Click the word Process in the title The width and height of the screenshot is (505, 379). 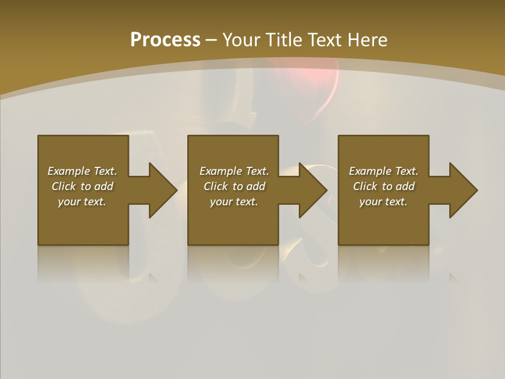click(165, 40)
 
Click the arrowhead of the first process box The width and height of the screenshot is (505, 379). click(163, 190)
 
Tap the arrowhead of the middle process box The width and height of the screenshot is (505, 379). click(313, 190)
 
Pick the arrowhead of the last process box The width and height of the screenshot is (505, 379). click(463, 190)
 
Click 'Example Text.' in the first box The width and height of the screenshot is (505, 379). click(82, 171)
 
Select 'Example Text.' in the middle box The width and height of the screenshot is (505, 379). click(234, 171)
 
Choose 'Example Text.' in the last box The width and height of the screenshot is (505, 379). click(383, 171)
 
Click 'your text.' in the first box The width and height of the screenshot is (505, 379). click(82, 202)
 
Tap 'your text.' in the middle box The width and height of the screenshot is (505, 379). click(234, 202)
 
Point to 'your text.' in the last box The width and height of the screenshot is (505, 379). click(383, 202)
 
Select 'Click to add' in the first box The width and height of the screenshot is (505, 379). click(82, 186)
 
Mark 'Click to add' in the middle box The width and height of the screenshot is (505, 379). click(234, 186)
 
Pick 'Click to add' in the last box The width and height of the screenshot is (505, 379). click(383, 186)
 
